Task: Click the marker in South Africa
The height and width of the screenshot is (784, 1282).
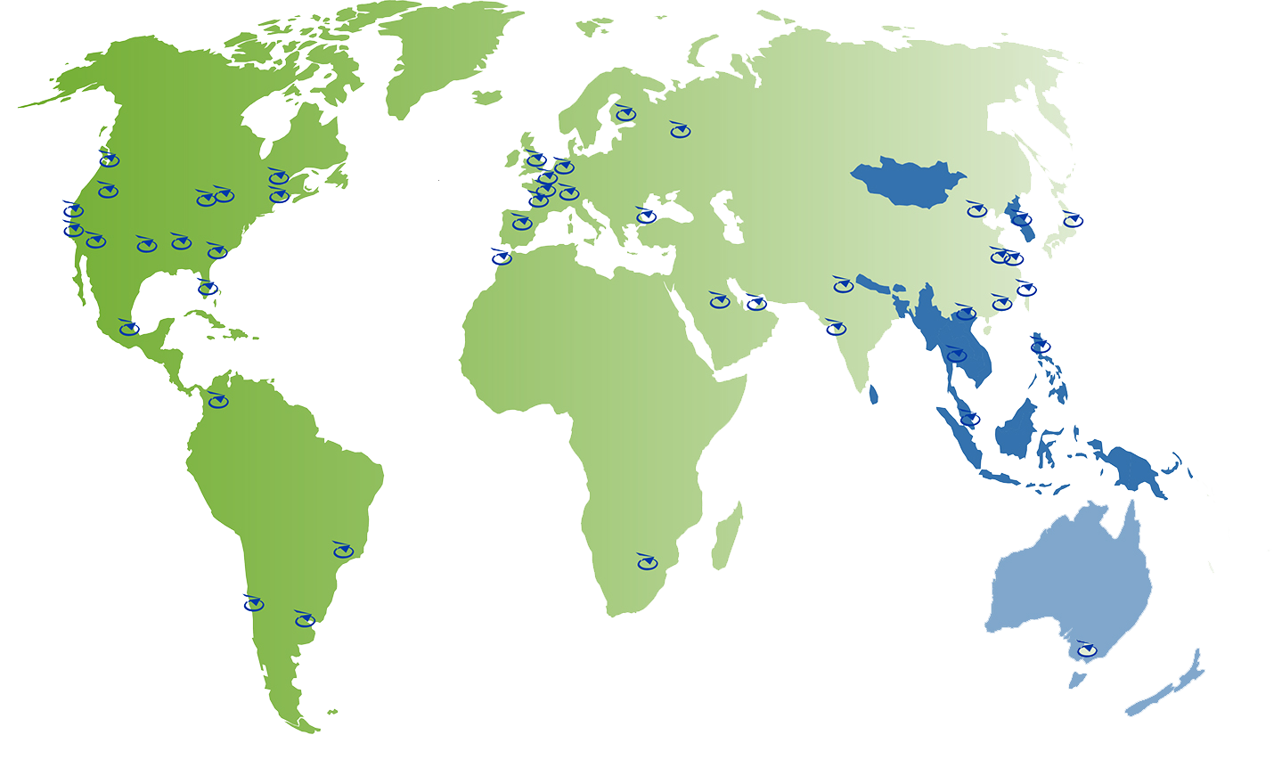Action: point(647,562)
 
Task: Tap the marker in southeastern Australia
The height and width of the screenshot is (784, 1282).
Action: point(1086,650)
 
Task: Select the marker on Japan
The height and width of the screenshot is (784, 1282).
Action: point(1073,220)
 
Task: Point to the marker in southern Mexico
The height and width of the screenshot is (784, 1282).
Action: point(129,329)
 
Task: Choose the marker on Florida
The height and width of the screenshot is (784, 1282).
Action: point(208,288)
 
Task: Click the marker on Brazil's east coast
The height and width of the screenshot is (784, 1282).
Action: point(343,551)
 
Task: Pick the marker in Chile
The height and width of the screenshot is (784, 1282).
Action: point(254,604)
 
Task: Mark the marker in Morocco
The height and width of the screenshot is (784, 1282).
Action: point(502,258)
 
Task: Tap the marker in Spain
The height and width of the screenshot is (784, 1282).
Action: point(522,223)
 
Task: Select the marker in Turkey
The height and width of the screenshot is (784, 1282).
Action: point(646,216)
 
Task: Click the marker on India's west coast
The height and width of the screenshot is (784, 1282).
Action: point(836,328)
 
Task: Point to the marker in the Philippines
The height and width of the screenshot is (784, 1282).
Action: point(1041,346)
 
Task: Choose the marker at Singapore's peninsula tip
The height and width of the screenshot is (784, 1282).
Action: point(970,418)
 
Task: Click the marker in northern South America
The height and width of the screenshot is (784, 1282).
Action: point(217,401)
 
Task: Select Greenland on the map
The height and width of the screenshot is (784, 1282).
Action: point(445,53)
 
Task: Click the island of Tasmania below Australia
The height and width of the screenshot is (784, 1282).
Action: point(1077,681)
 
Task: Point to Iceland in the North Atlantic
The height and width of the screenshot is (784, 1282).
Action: point(487,97)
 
